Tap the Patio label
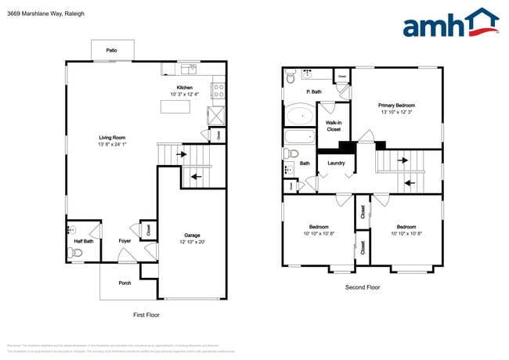tap(112, 51)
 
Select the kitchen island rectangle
tap(177, 106)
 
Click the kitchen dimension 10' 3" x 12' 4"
tap(185, 95)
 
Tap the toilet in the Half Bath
tap(76, 252)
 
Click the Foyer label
tap(125, 241)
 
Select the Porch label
tap(125, 283)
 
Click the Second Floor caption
tap(363, 287)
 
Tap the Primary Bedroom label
tap(396, 105)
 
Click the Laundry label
tap(336, 163)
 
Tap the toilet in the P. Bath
tap(290, 77)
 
